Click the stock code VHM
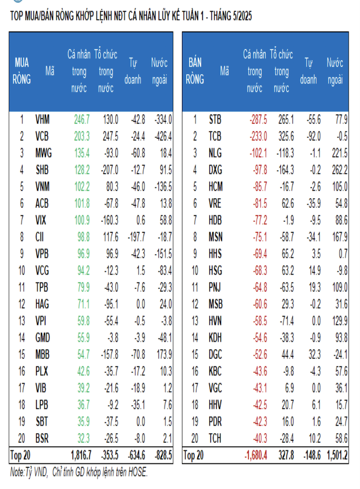[x=42, y=119]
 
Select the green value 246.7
[x=81, y=119]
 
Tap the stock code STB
[x=215, y=119]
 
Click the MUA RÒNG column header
[x=22, y=71]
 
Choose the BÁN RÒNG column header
[x=195, y=71]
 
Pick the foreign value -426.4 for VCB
[x=162, y=136]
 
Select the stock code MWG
[x=43, y=152]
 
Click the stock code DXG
[x=216, y=169]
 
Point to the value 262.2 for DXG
[x=338, y=169]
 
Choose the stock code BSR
[x=42, y=439]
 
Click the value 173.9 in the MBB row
[x=162, y=354]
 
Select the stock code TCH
[x=215, y=439]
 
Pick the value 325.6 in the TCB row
[x=281, y=136]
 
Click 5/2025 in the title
[x=238, y=16]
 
